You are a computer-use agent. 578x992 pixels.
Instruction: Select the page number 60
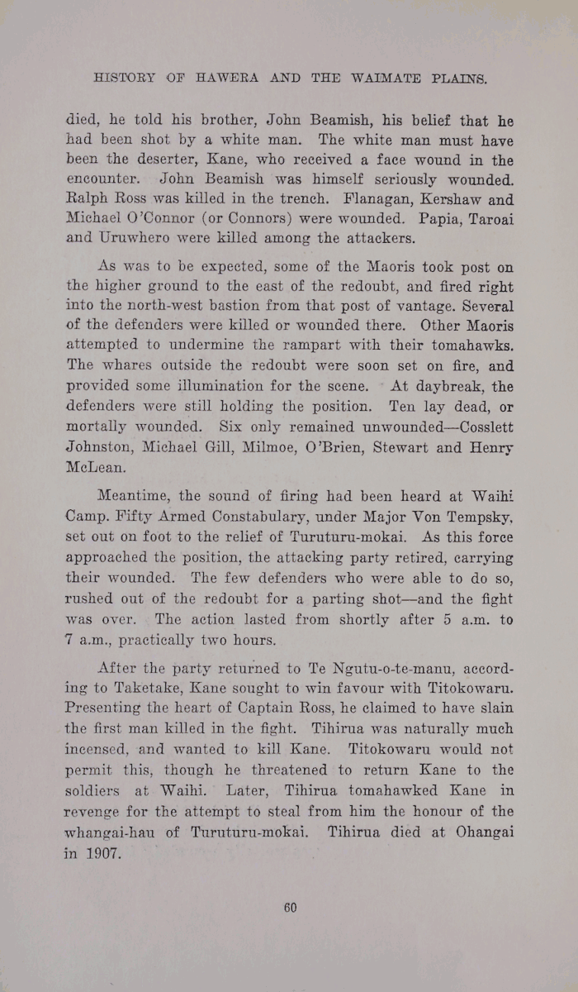coord(290,907)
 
